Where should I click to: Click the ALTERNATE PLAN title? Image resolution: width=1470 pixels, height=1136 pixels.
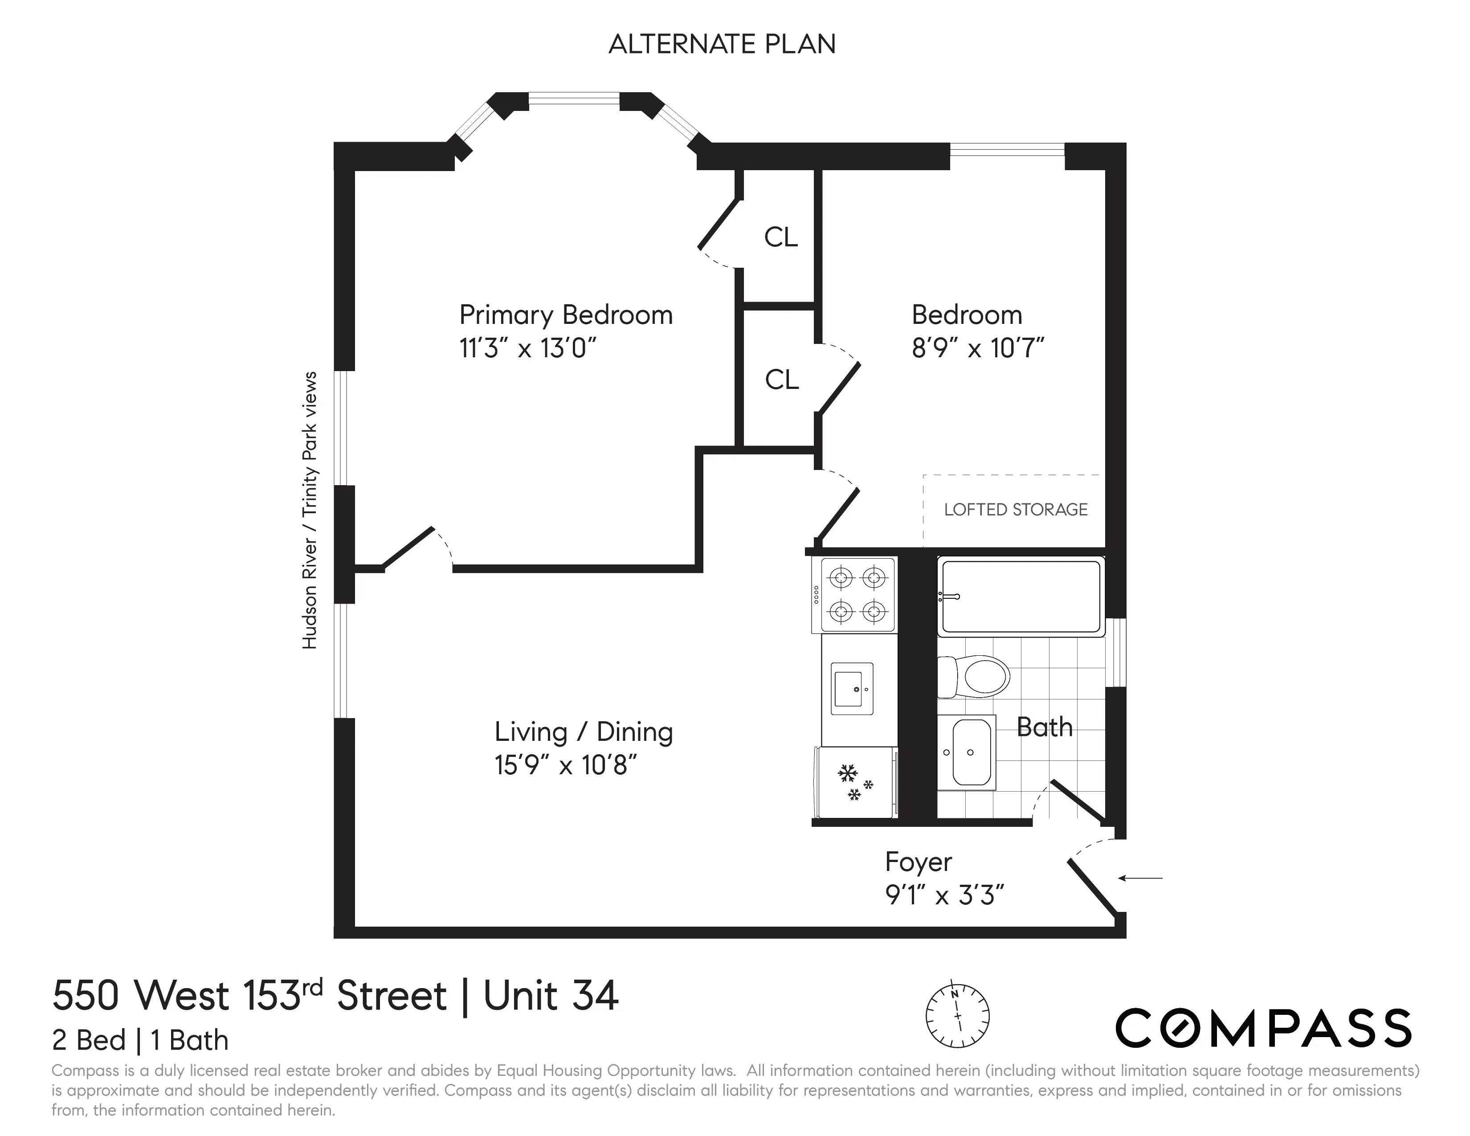(x=722, y=45)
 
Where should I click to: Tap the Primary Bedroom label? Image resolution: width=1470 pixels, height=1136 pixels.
(x=565, y=315)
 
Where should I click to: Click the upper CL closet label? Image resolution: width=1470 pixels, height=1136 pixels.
(x=781, y=237)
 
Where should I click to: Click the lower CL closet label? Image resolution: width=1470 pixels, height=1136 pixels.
(x=781, y=380)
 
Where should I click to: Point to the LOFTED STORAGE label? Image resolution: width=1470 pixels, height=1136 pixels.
(x=1015, y=510)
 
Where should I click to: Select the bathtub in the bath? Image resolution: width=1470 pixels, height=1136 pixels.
(x=1021, y=596)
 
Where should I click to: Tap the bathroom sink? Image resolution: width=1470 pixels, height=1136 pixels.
(x=967, y=752)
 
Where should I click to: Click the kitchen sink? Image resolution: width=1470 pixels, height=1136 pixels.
(x=853, y=688)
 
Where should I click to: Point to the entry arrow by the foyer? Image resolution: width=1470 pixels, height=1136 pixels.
(x=1140, y=878)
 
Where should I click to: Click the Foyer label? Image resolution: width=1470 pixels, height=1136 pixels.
(x=918, y=862)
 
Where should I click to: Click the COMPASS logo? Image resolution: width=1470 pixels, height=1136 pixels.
(x=1263, y=1028)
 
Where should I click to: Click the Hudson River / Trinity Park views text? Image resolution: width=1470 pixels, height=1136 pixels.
(x=309, y=510)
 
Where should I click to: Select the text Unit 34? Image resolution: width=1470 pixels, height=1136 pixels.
(x=551, y=996)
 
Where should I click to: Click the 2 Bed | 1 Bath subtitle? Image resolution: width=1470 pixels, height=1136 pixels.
(x=140, y=1040)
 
